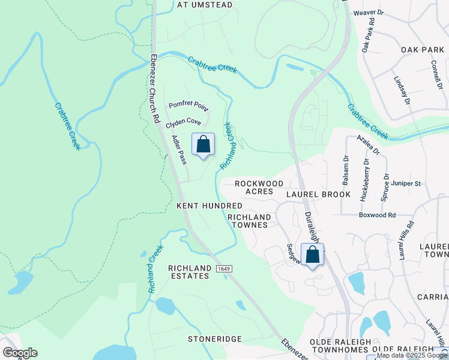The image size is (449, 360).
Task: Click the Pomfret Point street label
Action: pos(188,106)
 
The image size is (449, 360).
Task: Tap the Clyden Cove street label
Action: pos(183,121)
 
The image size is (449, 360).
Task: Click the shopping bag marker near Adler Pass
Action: pos(203,145)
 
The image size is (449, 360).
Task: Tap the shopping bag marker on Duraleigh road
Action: pos(312,255)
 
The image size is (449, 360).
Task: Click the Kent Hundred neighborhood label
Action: pos(209,206)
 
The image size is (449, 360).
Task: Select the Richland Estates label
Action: pos(189,272)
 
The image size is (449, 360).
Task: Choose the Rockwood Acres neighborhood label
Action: pos(259,187)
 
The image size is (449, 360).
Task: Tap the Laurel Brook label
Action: pos(318,195)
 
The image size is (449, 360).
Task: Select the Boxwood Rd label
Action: pos(378,215)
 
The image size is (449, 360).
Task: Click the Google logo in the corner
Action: pos(19,353)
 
